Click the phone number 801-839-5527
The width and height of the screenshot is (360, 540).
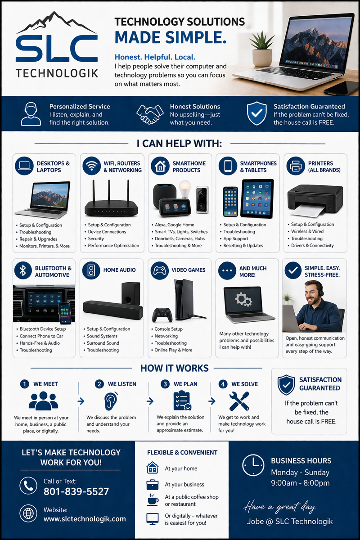(76, 491)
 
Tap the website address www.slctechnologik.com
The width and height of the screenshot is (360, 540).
(85, 519)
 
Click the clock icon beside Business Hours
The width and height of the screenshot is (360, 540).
(253, 465)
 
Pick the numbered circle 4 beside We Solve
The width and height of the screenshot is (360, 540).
(223, 384)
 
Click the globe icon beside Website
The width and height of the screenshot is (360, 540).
(28, 514)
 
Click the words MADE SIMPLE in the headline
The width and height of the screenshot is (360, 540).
(171, 37)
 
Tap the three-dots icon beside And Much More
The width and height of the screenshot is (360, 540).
(227, 271)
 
